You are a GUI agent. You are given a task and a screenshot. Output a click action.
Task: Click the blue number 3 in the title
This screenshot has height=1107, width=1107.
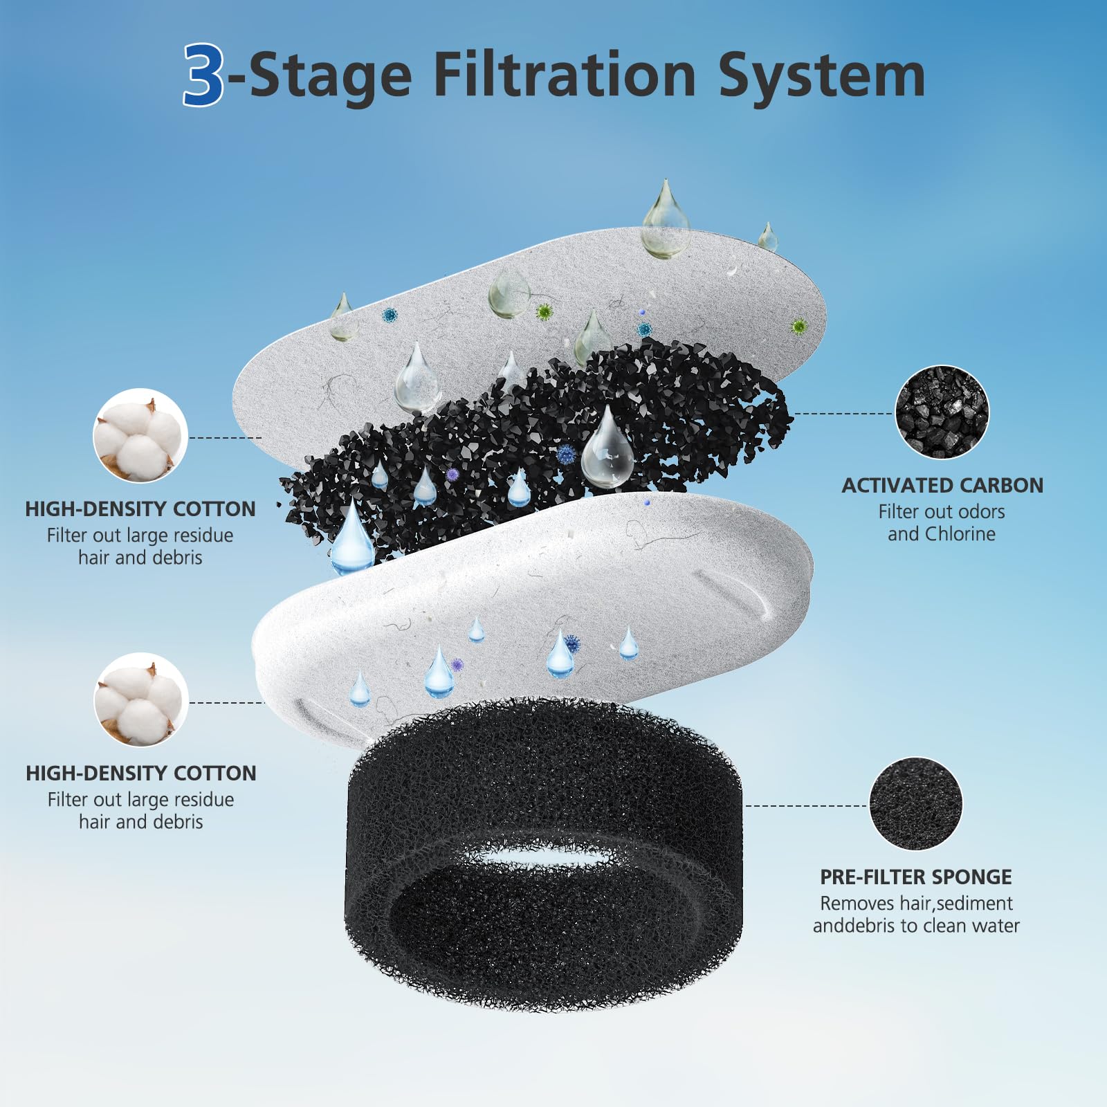point(203,75)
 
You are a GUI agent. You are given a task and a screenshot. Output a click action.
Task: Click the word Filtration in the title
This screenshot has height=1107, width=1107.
point(564,75)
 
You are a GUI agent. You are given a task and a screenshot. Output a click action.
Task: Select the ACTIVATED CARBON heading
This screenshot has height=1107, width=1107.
point(942,486)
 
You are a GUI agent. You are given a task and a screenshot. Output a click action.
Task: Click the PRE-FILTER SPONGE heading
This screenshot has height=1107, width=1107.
point(915,877)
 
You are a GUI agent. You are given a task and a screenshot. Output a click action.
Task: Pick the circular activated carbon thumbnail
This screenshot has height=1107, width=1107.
point(942,412)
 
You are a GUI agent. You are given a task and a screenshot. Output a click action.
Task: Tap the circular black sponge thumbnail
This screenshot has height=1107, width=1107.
point(915,804)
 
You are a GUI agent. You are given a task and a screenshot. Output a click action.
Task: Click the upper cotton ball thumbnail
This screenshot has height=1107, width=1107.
point(140,435)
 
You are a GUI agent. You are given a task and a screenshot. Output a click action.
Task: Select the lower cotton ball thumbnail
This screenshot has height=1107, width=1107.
point(140,699)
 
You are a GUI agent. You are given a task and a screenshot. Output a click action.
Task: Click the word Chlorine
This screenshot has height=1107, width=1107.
point(960,534)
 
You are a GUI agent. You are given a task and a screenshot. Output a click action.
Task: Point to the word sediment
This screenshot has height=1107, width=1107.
point(974,904)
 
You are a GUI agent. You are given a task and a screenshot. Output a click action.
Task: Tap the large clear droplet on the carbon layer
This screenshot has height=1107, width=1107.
point(607,450)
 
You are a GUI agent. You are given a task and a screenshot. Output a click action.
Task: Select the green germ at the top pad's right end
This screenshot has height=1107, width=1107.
point(800,326)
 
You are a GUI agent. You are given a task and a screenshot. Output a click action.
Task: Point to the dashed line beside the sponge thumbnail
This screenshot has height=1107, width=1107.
point(806,806)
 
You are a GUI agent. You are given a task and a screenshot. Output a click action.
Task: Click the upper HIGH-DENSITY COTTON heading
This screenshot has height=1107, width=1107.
point(140,509)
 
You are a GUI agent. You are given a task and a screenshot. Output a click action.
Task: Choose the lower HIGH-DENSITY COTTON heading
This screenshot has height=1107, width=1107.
point(140,774)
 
